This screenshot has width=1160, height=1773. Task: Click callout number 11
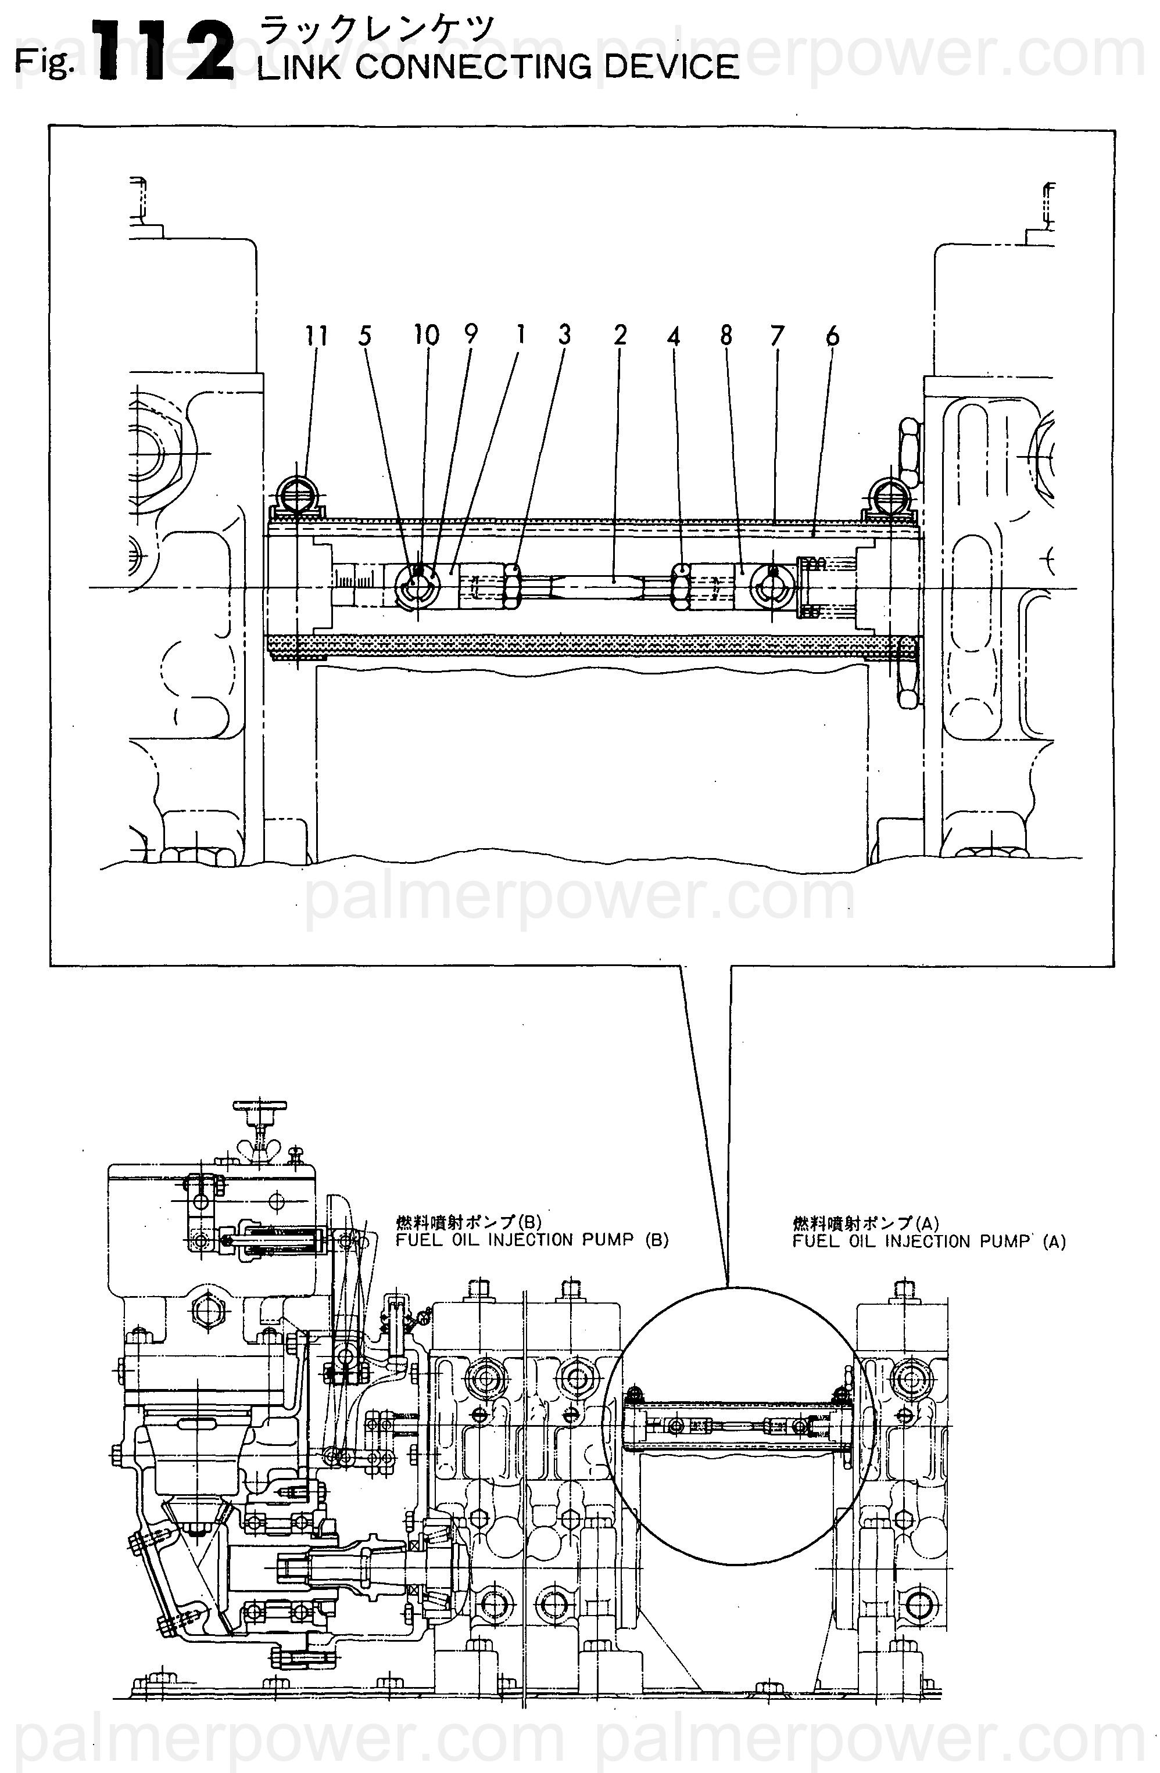[317, 336]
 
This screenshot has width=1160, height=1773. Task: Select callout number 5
[364, 336]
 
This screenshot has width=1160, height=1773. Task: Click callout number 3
[565, 335]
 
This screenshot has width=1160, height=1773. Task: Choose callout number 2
[621, 335]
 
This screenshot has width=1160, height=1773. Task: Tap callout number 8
[726, 336]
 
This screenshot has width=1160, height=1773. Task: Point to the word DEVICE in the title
[671, 67]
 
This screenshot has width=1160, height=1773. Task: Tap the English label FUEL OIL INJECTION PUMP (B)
[532, 1240]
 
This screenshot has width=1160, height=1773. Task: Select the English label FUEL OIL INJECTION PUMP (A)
[929, 1241]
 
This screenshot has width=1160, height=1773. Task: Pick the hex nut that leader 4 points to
[679, 586]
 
